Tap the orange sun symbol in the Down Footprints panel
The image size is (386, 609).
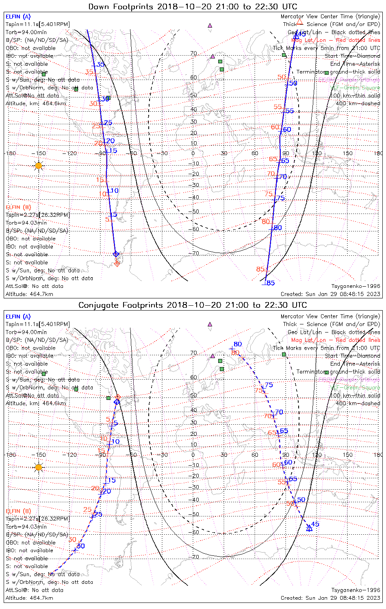coord(39,166)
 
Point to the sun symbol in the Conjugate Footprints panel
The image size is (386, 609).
coord(39,467)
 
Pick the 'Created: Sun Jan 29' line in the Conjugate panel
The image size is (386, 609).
coord(330,598)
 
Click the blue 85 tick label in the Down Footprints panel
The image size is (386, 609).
coord(271,283)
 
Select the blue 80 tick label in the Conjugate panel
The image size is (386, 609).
coord(238,344)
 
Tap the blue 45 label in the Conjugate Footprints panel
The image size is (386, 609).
coord(315,524)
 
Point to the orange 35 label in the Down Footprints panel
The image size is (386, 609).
coord(89,72)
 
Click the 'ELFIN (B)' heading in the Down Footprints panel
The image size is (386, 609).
coord(18,207)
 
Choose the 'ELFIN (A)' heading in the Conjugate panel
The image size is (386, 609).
coord(18,316)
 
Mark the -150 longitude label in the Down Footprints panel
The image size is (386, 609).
coord(39,153)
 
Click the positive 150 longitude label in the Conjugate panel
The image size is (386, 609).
coord(348,455)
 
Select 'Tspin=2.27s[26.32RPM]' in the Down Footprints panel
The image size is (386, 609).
coord(38,215)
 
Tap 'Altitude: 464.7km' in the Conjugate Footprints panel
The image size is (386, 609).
coord(29,598)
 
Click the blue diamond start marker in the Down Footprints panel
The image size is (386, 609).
coord(116,254)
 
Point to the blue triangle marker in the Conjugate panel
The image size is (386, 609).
coord(309,528)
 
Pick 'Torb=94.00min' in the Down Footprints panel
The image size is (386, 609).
coord(26,32)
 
